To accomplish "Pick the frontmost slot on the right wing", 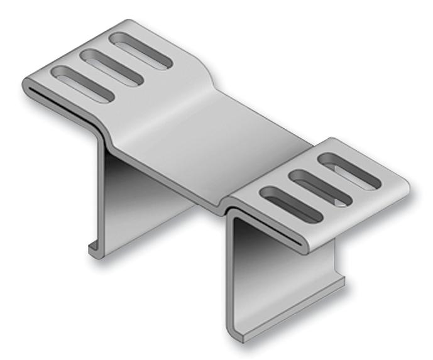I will click(290, 203).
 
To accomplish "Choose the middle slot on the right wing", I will click(321, 186).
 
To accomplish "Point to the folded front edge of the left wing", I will click(63, 104).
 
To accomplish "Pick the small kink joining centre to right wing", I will click(226, 204).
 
